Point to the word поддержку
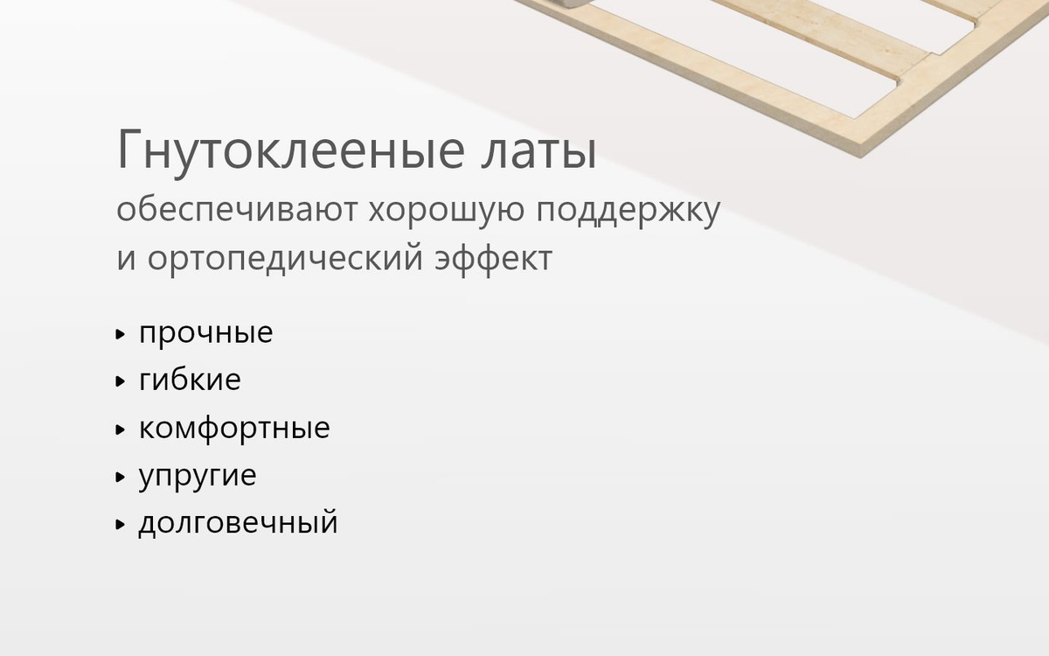point(628,213)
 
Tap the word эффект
point(494,259)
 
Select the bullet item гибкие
point(190,379)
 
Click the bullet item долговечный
point(238,521)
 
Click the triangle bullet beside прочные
point(121,334)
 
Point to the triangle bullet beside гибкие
point(121,381)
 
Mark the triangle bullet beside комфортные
point(121,429)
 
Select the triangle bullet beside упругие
point(121,478)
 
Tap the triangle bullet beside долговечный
point(121,525)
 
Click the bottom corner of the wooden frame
point(860,157)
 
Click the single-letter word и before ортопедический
point(126,259)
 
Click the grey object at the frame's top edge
point(573,3)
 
